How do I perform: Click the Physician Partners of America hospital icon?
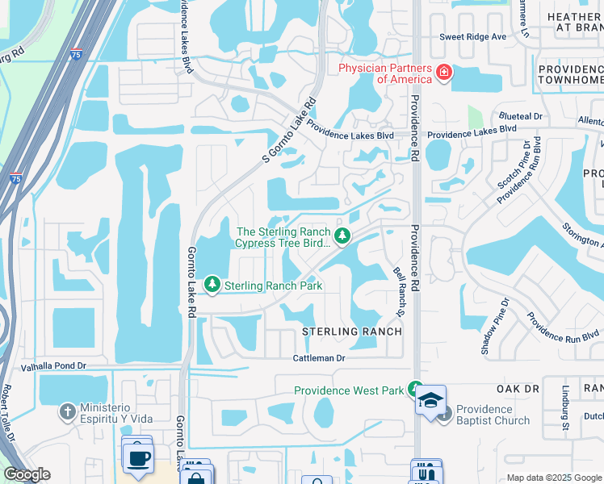(x=443, y=73)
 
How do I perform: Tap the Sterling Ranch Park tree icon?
(x=212, y=284)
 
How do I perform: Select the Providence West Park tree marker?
(x=415, y=389)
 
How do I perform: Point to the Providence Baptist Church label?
(x=492, y=415)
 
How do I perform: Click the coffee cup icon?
(x=137, y=457)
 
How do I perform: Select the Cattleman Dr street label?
(x=318, y=357)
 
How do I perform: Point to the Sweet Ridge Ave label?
(x=472, y=37)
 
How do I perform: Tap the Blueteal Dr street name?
(x=520, y=116)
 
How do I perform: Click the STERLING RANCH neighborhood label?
(x=352, y=332)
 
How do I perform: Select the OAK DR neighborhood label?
(x=518, y=389)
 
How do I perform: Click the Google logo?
(x=27, y=474)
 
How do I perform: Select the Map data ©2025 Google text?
(x=553, y=478)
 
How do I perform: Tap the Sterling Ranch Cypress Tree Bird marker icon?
(x=342, y=236)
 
